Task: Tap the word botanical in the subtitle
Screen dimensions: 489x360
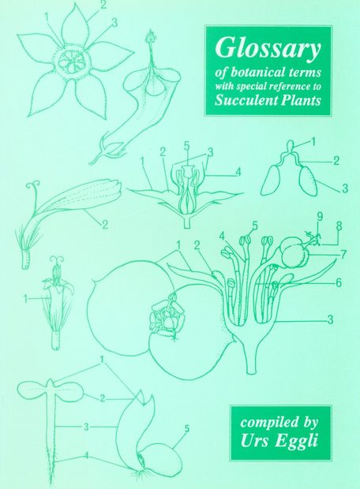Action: pyautogui.click(x=253, y=73)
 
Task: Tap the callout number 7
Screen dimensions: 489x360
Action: pyautogui.click(x=344, y=254)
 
